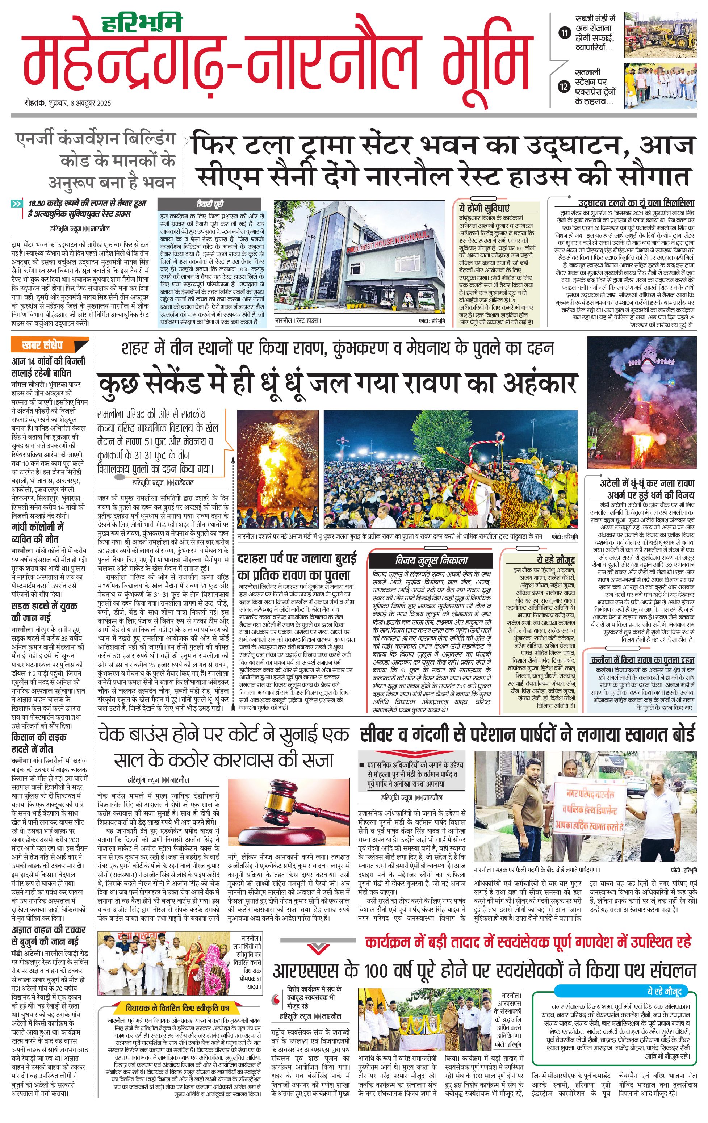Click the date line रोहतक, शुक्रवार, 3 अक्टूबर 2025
click(x=68, y=103)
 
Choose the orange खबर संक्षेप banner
click(x=49, y=345)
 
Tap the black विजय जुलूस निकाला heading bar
click(x=431, y=560)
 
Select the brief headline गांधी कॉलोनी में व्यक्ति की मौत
click(x=38, y=533)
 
